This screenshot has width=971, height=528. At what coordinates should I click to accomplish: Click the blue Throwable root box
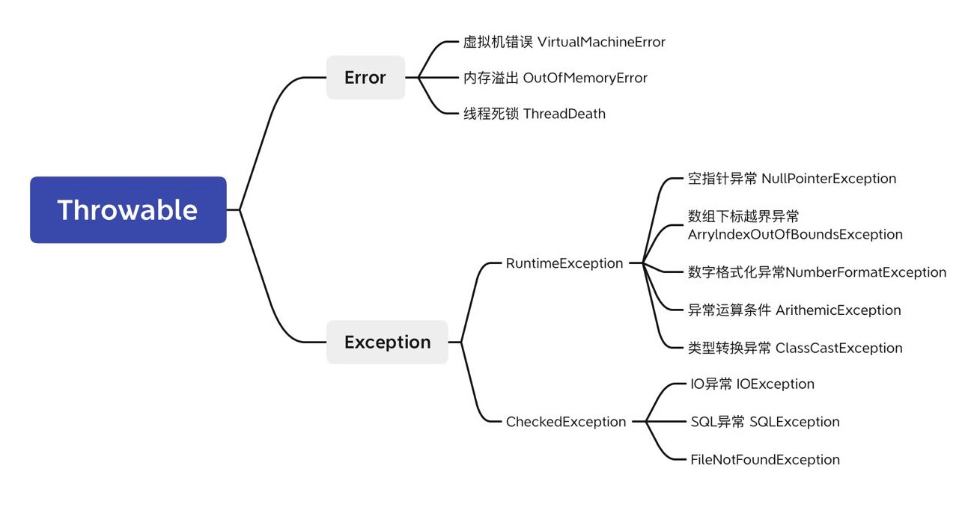(x=128, y=210)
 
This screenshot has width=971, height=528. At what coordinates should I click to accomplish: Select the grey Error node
(x=365, y=78)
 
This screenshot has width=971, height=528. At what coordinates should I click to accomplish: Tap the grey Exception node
(x=387, y=343)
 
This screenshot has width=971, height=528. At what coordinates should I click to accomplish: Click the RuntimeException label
(x=564, y=263)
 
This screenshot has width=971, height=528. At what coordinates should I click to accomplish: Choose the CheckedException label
(x=566, y=422)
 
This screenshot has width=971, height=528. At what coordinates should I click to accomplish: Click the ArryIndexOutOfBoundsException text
(x=795, y=235)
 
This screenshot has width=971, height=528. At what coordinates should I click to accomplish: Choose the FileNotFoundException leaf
(x=764, y=460)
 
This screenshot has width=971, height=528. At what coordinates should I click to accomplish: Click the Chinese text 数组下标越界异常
(x=743, y=216)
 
